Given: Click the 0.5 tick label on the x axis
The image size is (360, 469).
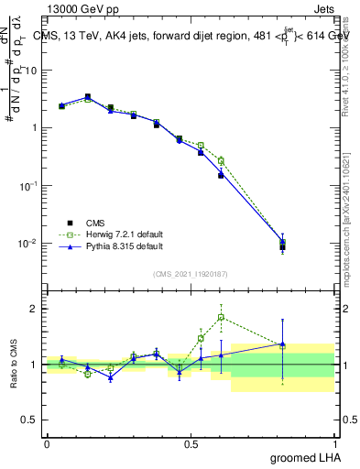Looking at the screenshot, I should (191, 443).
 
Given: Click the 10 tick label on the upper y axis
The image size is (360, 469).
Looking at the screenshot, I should (31, 70).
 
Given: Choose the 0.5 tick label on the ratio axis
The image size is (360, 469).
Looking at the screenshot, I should (32, 420).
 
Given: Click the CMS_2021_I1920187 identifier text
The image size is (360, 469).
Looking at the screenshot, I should (190, 274).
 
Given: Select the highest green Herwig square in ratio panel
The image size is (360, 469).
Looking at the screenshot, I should (221, 318).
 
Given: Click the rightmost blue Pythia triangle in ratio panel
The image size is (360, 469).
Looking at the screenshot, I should (283, 344).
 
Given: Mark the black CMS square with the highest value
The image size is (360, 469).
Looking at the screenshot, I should (88, 96).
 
